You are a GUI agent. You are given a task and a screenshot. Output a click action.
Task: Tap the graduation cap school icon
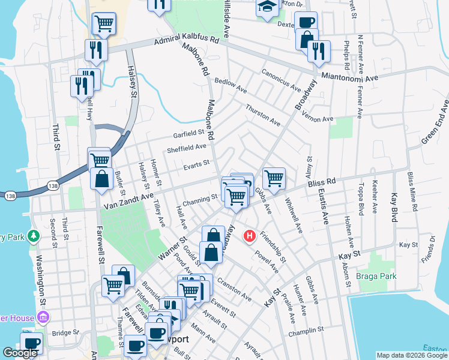click(265, 8)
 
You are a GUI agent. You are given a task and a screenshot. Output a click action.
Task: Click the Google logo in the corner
click(20, 353)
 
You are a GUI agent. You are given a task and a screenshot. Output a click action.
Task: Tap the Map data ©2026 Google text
click(412, 355)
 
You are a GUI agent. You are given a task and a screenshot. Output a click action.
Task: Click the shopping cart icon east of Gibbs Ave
click(274, 178)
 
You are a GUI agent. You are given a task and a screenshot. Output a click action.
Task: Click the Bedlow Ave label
click(231, 85)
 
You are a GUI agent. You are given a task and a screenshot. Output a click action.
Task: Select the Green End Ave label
click(435, 123)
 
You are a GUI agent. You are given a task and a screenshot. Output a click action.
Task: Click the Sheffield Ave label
click(187, 148)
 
